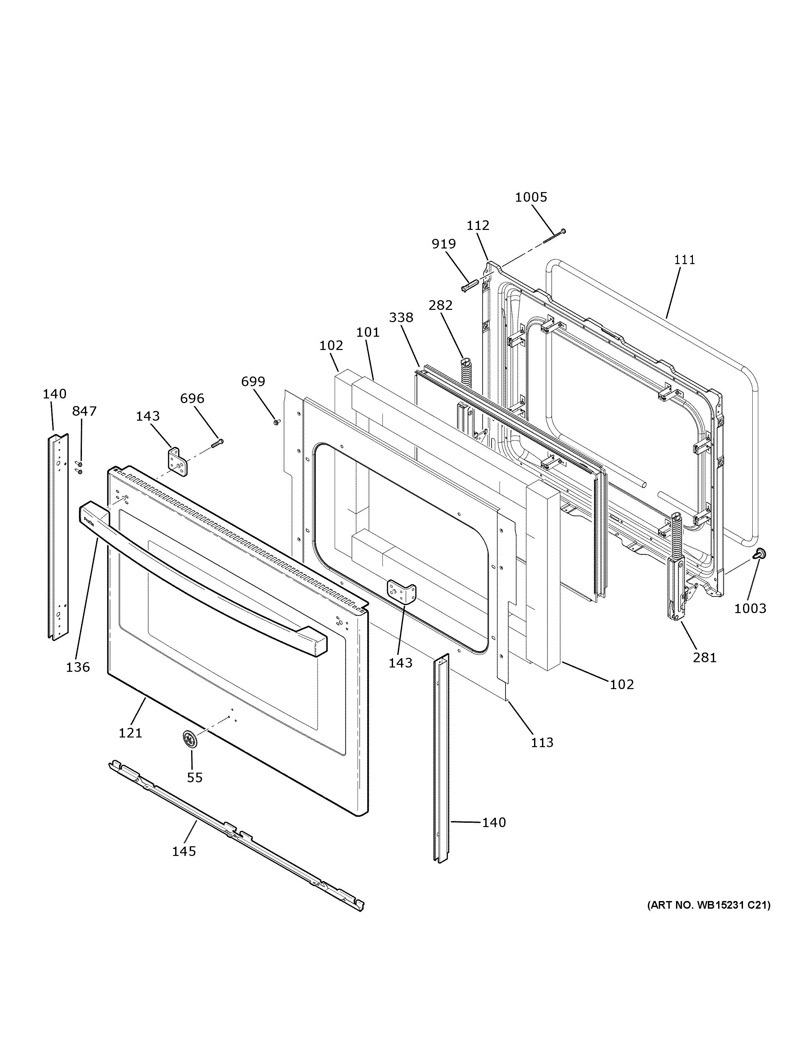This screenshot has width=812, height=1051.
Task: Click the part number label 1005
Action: click(x=531, y=197)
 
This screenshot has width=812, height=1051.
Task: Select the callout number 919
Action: click(x=443, y=244)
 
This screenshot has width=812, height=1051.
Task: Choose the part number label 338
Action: click(x=401, y=317)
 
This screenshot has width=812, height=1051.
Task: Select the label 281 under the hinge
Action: click(x=705, y=657)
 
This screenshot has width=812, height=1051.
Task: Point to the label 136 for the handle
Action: click(x=78, y=667)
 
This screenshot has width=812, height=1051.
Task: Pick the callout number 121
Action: click(x=130, y=733)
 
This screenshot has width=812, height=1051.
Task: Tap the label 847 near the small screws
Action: click(x=84, y=411)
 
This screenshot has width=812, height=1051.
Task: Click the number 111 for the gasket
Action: click(x=685, y=260)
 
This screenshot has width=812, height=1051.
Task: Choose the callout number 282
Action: click(x=440, y=306)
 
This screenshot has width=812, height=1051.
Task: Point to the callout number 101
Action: click(x=368, y=332)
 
